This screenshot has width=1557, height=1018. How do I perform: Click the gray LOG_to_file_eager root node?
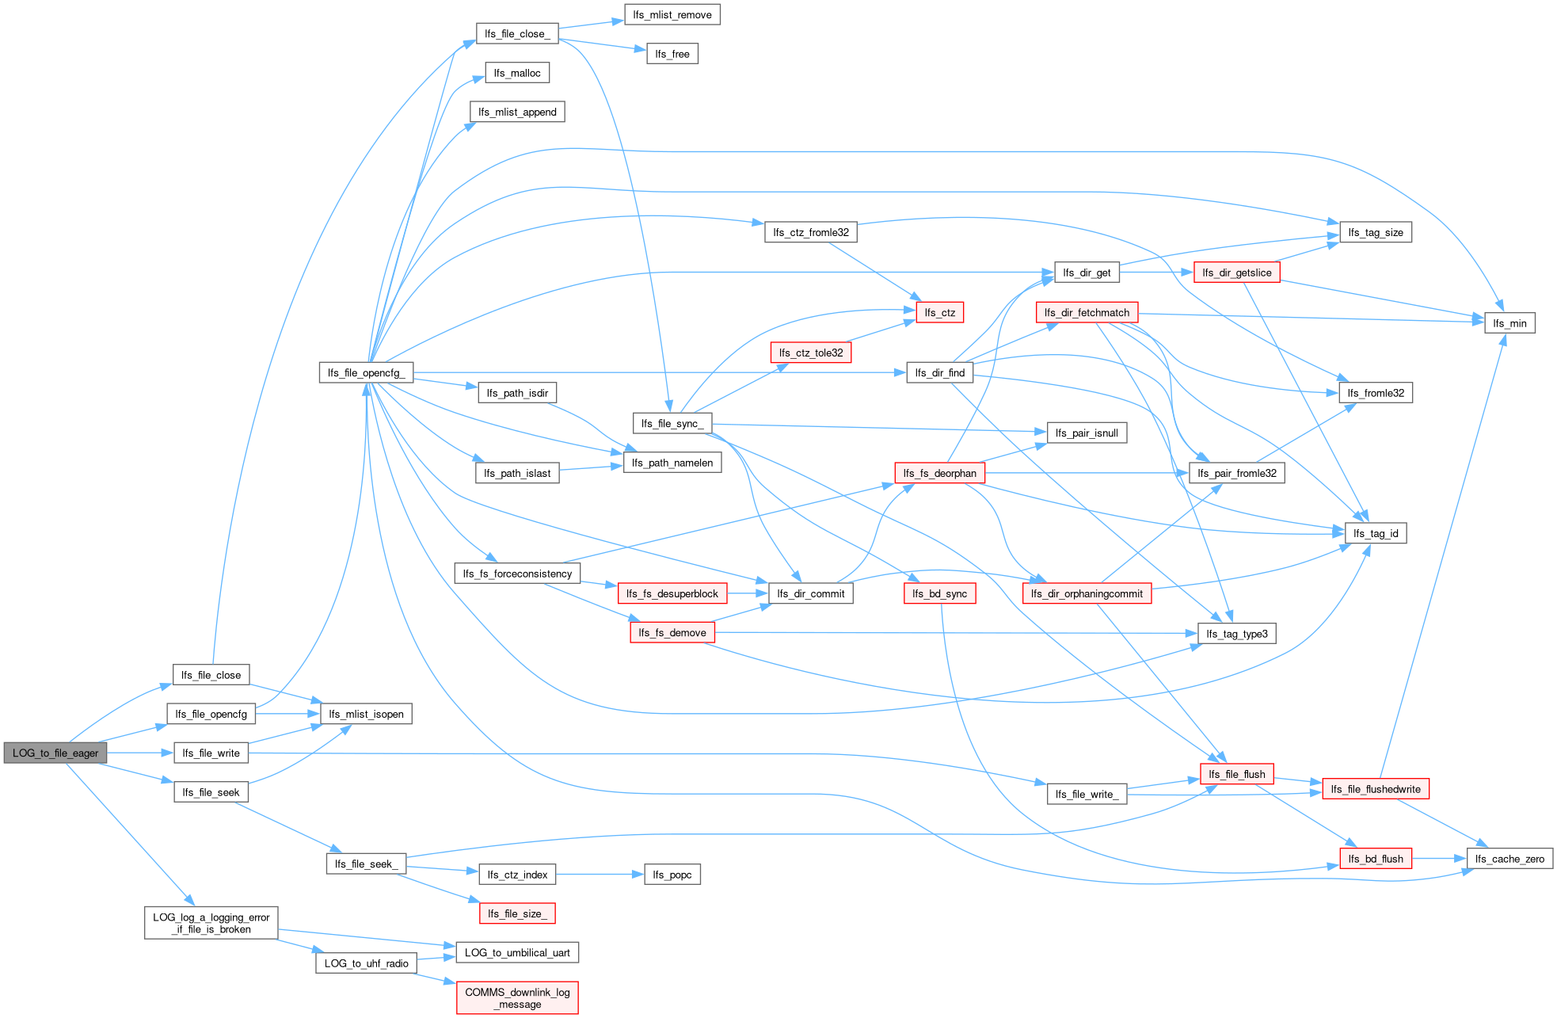click(55, 753)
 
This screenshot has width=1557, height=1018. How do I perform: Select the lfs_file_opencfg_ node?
click(366, 372)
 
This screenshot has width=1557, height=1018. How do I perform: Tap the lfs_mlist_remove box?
click(672, 14)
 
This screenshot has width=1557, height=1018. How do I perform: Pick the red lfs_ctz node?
click(939, 312)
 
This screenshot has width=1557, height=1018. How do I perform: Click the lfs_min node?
click(1509, 322)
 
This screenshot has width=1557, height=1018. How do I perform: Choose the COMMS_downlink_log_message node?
click(517, 997)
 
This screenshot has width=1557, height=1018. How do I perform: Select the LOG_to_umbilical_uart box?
click(517, 952)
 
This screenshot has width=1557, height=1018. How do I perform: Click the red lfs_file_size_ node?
click(517, 913)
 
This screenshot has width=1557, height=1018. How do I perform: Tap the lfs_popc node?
click(672, 875)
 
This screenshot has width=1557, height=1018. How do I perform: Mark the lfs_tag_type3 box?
click(1236, 633)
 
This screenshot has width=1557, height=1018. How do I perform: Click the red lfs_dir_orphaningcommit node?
click(1087, 593)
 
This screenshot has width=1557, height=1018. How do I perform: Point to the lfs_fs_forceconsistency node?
click(517, 573)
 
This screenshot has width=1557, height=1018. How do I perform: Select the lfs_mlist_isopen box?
click(366, 714)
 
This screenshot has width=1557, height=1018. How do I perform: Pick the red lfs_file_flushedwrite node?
click(1375, 788)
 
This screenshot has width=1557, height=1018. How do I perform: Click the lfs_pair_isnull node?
click(1087, 433)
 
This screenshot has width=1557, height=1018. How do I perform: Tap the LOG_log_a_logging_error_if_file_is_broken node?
click(211, 923)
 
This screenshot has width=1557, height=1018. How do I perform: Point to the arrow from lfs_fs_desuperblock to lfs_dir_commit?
click(748, 593)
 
